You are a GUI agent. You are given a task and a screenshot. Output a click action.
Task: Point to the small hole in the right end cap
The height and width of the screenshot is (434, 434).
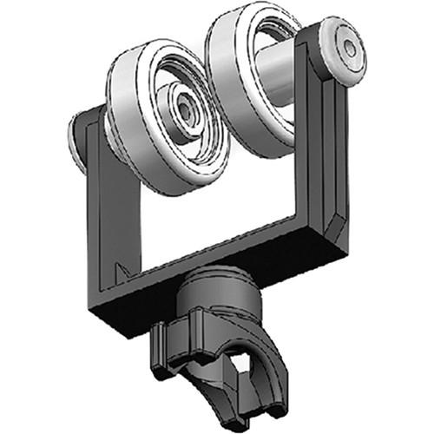click(349, 49)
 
